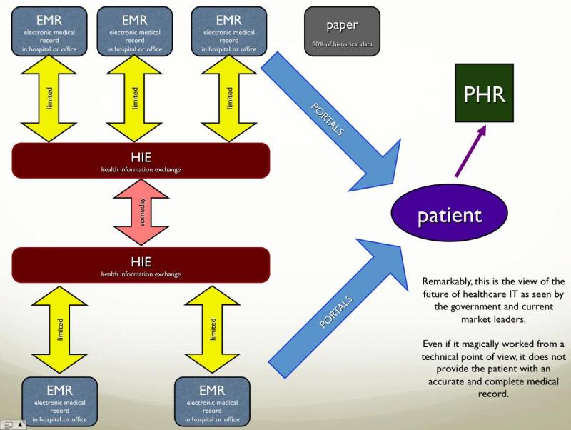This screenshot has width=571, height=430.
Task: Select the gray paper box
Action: click(x=342, y=31)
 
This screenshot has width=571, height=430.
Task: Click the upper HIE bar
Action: click(x=141, y=161)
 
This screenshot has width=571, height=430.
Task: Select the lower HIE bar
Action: click(x=141, y=265)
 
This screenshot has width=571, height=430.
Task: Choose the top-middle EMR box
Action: click(x=134, y=31)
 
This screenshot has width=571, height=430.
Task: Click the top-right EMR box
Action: click(x=229, y=31)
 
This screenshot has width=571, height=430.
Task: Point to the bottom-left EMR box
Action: click(x=59, y=401)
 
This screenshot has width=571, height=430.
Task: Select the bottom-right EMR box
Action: click(x=212, y=401)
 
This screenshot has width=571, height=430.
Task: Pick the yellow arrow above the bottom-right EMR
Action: click(x=212, y=330)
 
